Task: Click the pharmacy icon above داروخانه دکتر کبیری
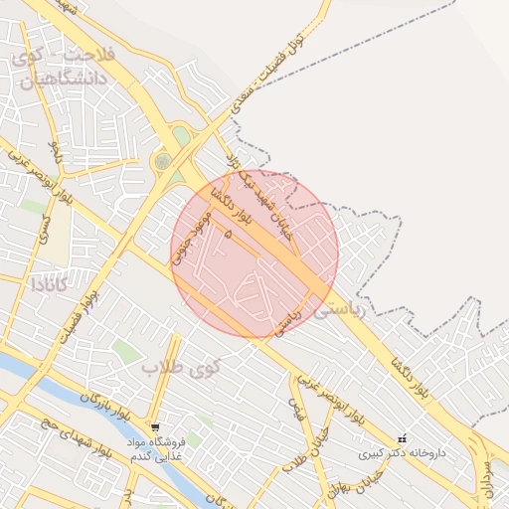pyautogui.click(x=402, y=438)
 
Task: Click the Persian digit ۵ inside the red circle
pyautogui.click(x=229, y=234)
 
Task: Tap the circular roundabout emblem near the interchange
pyautogui.click(x=162, y=160)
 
